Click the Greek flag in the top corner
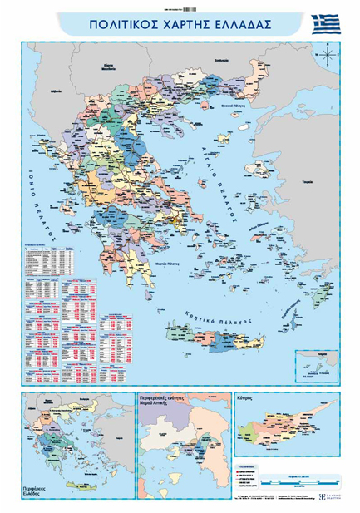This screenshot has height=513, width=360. (x=326, y=24)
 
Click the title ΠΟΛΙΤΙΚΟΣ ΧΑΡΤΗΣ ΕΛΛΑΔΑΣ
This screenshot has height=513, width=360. (x=180, y=25)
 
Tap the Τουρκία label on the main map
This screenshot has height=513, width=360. (x=308, y=180)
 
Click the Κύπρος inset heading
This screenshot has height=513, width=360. (x=249, y=399)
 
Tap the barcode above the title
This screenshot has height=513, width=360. (x=182, y=7)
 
